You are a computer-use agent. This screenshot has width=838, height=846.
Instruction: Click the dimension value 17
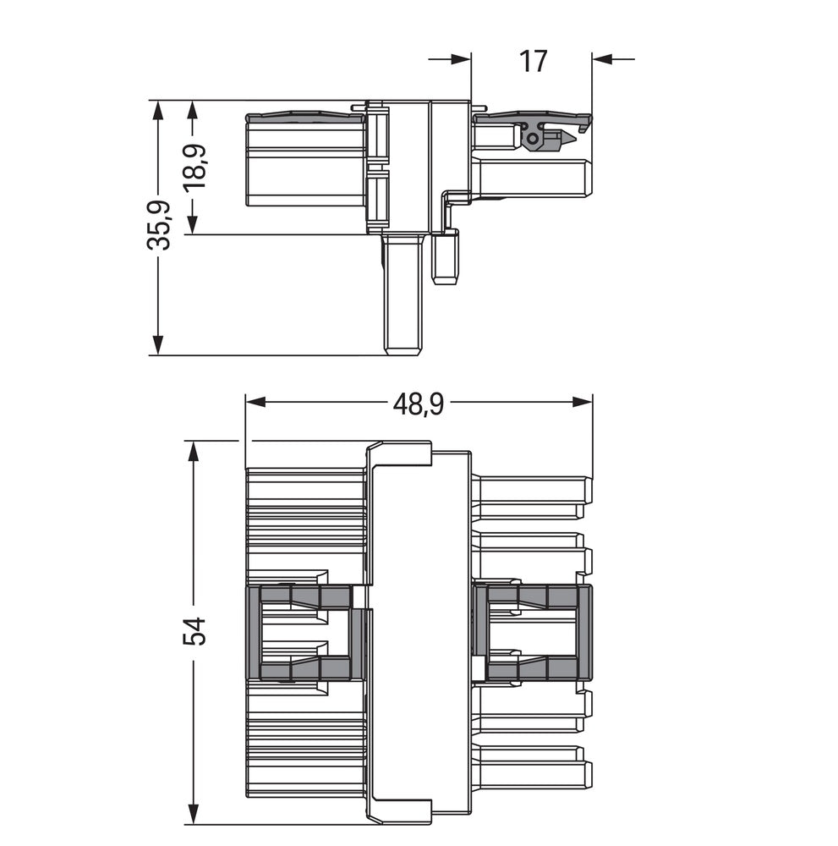tap(533, 61)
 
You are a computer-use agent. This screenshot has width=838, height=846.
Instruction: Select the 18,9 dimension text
tap(196, 167)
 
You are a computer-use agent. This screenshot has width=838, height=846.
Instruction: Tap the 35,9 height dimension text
tap(159, 225)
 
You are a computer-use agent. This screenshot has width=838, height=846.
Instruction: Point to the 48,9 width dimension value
tap(418, 404)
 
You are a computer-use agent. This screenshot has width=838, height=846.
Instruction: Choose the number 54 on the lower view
tap(194, 631)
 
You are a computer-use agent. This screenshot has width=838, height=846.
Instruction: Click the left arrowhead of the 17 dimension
tap(460, 59)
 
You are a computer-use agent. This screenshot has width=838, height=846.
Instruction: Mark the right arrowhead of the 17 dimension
tap(602, 59)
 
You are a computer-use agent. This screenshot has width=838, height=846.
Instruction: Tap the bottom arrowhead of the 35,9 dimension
tap(157, 344)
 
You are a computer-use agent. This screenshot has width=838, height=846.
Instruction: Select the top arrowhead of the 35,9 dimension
tap(157, 111)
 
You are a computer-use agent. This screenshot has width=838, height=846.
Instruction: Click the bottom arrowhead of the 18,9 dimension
tap(193, 224)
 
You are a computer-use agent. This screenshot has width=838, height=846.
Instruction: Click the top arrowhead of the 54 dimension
tap(194, 451)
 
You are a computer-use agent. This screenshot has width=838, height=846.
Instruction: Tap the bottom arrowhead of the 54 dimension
tap(194, 814)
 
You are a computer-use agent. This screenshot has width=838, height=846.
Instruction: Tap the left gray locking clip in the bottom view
tap(304, 633)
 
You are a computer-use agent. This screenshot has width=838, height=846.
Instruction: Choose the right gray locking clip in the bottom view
tap(533, 633)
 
